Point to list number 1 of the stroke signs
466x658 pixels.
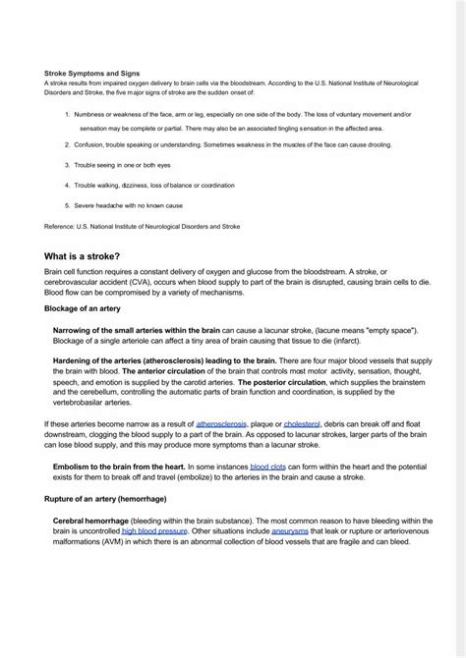tap(67, 115)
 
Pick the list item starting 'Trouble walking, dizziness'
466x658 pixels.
tap(155, 186)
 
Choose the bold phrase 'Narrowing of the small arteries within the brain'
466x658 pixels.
tap(137, 330)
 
